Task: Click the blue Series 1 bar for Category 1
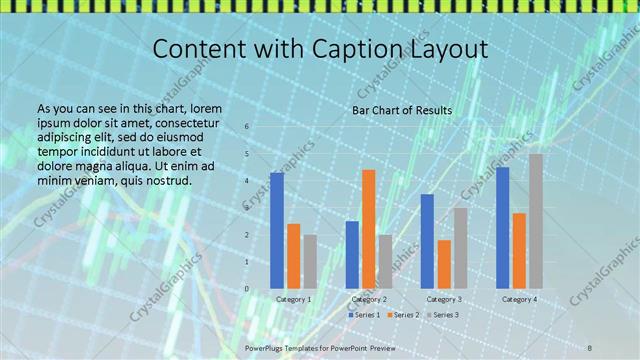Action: coord(277,230)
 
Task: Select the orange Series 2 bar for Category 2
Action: coord(368,229)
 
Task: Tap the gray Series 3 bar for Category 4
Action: coord(536,221)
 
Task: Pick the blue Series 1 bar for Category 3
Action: coord(427,241)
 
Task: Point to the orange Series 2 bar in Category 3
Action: coord(444,264)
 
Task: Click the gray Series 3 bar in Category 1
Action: coord(310,261)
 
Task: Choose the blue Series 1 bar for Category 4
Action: coord(502,227)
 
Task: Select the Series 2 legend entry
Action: coord(405,315)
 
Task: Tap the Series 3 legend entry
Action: coord(445,315)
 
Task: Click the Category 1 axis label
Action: coord(294,299)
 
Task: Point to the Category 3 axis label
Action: coord(444,299)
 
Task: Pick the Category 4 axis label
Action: coord(519,299)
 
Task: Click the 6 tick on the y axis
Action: coord(247,127)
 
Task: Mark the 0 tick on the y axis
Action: coord(247,289)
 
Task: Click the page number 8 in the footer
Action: coord(590,347)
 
